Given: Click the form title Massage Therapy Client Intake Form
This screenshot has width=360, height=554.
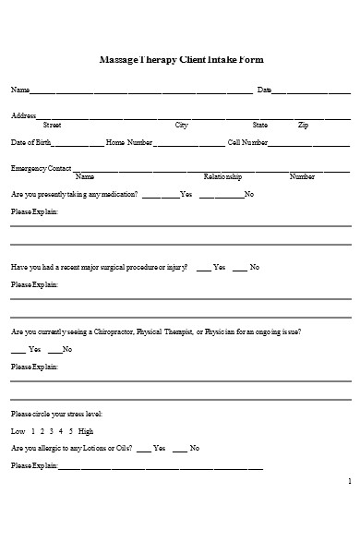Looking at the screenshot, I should [x=181, y=59].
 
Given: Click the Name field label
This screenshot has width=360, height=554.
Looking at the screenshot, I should [x=19, y=90].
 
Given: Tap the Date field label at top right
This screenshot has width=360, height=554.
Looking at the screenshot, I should [x=264, y=90].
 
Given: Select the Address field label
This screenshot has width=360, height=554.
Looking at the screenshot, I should [x=23, y=115].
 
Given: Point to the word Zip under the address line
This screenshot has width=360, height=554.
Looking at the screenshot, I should [x=304, y=125].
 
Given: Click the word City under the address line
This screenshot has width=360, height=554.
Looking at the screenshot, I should [x=182, y=125].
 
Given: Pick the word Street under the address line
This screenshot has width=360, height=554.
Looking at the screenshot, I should [x=53, y=125].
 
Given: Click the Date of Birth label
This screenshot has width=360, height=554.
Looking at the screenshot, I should [x=31, y=142].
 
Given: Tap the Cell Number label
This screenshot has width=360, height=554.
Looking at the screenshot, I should [x=247, y=142].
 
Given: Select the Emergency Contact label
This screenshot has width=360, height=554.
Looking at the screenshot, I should [x=41, y=168].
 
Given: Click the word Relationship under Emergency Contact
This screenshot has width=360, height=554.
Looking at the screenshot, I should [x=222, y=176].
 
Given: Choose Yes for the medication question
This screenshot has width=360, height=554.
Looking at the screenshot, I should [x=186, y=194].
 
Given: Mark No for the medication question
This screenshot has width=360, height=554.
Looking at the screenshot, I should [x=249, y=194].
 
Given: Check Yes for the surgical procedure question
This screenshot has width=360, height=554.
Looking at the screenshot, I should [x=220, y=267].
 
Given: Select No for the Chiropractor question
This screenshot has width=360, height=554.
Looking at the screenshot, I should [x=66, y=349].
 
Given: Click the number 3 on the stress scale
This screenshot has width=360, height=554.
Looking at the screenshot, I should [x=52, y=431].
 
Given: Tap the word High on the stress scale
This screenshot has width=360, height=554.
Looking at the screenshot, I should [x=86, y=431].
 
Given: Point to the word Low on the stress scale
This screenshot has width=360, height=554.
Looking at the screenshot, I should [x=18, y=431].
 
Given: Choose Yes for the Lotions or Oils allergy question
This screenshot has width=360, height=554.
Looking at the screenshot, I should [x=160, y=449].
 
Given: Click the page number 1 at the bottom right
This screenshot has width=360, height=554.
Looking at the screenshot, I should [x=349, y=481].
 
